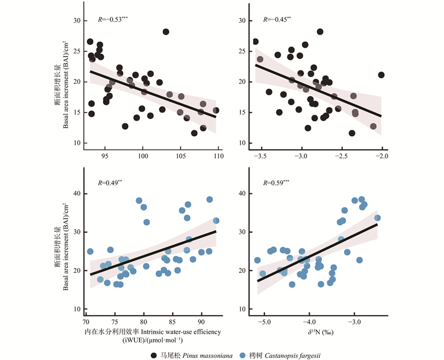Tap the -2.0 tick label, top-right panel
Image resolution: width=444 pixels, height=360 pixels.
[x=381, y=156]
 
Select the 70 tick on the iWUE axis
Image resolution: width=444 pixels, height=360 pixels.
[x=85, y=322]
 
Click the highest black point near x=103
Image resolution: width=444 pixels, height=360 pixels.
[x=165, y=32]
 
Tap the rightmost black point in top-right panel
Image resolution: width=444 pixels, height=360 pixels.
[x=381, y=75]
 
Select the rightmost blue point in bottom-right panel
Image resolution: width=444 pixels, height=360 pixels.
[x=377, y=217]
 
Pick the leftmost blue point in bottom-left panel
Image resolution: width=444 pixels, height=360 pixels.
[x=90, y=251]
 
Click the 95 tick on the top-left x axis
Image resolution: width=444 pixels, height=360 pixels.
[x=105, y=156]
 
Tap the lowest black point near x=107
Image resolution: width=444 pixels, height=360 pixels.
[x=194, y=133]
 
